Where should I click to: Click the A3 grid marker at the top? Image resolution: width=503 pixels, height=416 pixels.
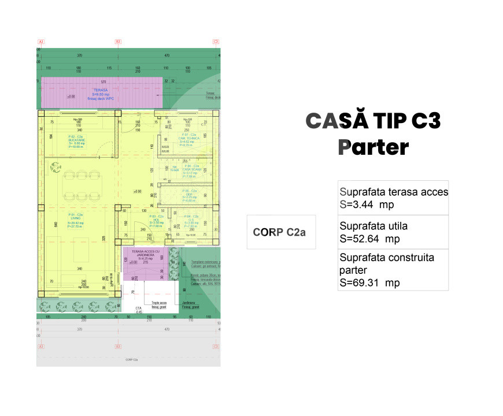pyautogui.click(x=40, y=42)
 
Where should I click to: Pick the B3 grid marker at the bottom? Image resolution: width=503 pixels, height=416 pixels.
pyautogui.click(x=117, y=347)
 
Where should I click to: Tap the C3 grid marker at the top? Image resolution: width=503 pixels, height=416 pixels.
pyautogui.click(x=216, y=42)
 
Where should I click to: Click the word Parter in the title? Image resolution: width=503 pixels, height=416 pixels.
pyautogui.click(x=373, y=147)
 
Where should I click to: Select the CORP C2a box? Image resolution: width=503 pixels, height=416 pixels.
pyautogui.click(x=279, y=232)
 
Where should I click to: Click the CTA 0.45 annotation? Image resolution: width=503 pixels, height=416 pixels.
pyautogui.click(x=139, y=310)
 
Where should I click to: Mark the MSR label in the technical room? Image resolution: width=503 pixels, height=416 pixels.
pyautogui.click(x=165, y=147)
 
